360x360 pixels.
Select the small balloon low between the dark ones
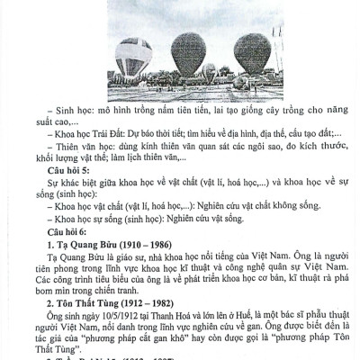pos(210,72)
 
